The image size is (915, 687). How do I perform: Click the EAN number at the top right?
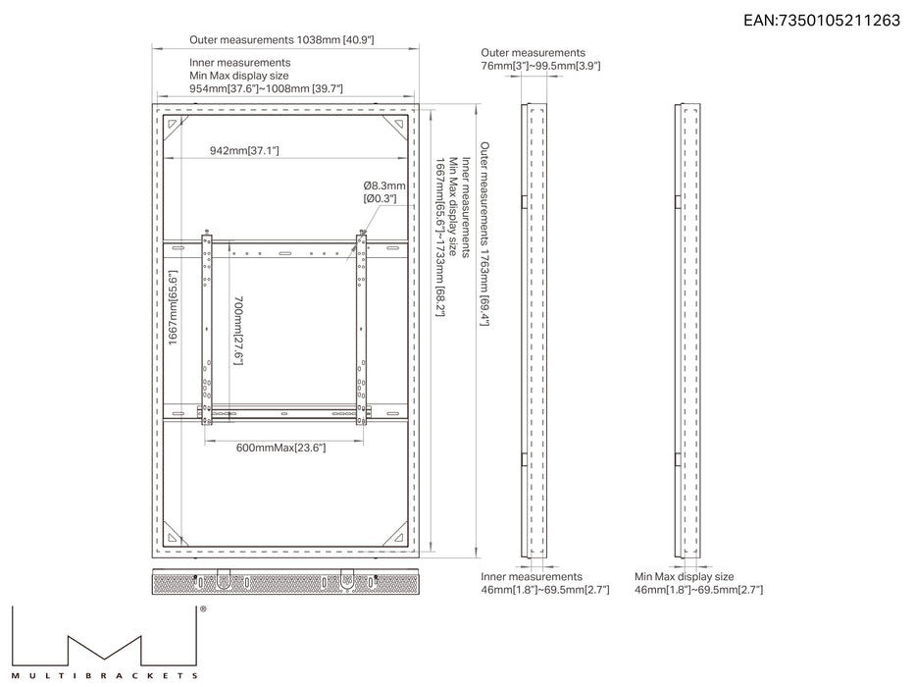point(822,21)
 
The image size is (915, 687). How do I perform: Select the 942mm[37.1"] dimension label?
point(244,151)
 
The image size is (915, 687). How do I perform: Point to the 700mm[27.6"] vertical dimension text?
point(238,331)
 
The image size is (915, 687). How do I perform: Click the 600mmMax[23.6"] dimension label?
point(280,449)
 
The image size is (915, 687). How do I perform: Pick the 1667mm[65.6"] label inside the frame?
point(173,307)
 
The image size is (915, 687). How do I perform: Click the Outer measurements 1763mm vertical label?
point(484,234)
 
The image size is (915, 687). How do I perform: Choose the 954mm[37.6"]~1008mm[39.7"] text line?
point(266,88)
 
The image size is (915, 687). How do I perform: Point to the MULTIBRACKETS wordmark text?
point(105,676)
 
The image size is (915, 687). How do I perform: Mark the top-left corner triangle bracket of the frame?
point(173,125)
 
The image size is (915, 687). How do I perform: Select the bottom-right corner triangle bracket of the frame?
point(399,536)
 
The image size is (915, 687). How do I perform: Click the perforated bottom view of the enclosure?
point(285,582)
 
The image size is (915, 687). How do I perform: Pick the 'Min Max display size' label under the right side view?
point(685,577)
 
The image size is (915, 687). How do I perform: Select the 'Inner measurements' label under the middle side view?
point(532,577)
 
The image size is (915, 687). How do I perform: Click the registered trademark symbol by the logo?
point(203,608)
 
